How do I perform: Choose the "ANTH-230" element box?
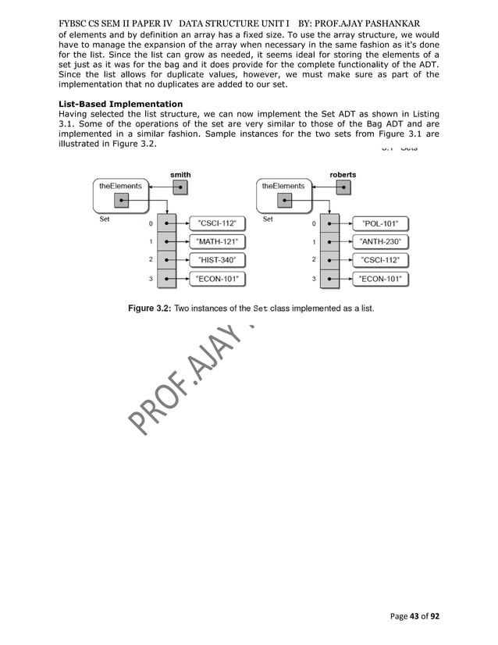click(x=381, y=241)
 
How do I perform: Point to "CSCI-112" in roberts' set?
click(x=381, y=260)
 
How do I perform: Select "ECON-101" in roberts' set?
click(x=381, y=278)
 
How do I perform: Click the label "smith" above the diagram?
click(x=180, y=174)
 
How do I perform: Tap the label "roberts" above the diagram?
click(x=343, y=174)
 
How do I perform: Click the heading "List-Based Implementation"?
click(x=120, y=104)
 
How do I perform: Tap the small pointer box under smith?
click(x=180, y=187)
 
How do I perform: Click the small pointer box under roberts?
click(x=343, y=187)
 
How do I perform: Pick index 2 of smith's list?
click(x=150, y=259)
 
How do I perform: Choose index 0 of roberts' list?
click(x=314, y=223)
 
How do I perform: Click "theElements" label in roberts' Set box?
click(x=283, y=186)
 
